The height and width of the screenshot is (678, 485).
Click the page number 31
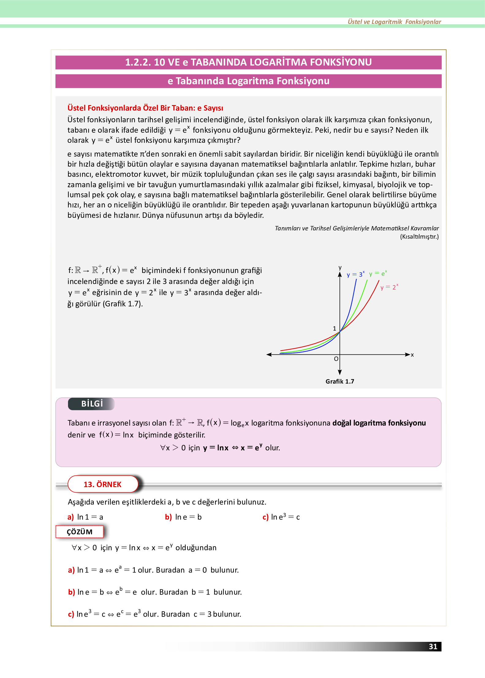pyautogui.click(x=433, y=646)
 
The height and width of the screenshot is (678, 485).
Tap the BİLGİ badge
pyautogui.click(x=92, y=404)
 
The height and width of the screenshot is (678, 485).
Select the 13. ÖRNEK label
pyautogui.click(x=103, y=484)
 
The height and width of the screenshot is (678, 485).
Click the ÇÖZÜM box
pyautogui.click(x=80, y=532)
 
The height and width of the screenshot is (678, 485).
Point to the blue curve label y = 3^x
pyautogui.click(x=355, y=274)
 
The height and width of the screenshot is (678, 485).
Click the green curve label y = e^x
pyautogui.click(x=378, y=274)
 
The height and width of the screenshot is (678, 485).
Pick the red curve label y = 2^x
pyautogui.click(x=389, y=287)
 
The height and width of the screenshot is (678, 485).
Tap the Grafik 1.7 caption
pyautogui.click(x=339, y=381)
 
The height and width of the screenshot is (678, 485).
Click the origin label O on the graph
pyautogui.click(x=336, y=359)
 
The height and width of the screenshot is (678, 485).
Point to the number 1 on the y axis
pyautogui.click(x=335, y=328)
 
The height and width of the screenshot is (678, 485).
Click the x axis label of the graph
pyautogui.click(x=412, y=355)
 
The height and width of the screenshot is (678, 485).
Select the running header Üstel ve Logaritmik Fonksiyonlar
pyautogui.click(x=394, y=22)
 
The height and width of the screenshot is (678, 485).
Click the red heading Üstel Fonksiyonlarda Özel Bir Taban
pyautogui.click(x=145, y=108)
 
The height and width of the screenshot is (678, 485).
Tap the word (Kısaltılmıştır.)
pyautogui.click(x=419, y=237)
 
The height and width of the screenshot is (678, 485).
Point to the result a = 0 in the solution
pyautogui.click(x=198, y=570)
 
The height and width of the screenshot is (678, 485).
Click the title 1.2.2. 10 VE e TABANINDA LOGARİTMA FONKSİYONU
pyautogui.click(x=248, y=62)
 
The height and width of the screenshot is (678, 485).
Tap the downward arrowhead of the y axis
pyautogui.click(x=340, y=372)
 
